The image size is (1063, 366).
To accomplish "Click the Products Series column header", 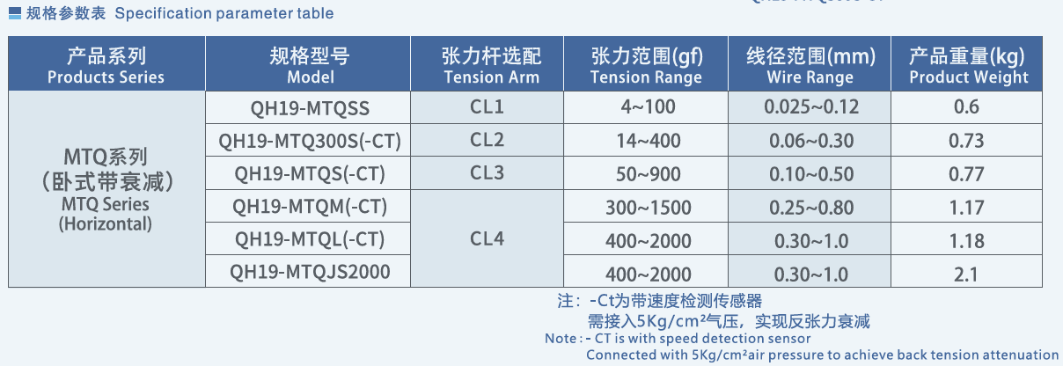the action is click(106, 63).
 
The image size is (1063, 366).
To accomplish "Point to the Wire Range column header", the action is click(810, 63).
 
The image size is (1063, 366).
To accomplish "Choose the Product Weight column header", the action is click(967, 63).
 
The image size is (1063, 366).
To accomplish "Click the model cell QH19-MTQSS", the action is click(310, 108).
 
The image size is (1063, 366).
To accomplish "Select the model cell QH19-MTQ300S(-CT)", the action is click(310, 141).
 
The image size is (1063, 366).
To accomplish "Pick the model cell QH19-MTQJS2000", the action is click(310, 272).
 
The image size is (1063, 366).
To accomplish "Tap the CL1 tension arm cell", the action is click(487, 106).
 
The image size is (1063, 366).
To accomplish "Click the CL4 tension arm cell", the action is click(487, 238).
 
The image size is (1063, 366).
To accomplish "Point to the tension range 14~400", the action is click(649, 141).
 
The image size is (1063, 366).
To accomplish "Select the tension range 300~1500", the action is click(649, 208).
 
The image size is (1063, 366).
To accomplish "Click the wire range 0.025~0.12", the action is click(811, 106).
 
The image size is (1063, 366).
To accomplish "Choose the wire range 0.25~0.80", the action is click(811, 208).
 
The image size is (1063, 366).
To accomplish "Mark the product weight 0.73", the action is click(967, 141).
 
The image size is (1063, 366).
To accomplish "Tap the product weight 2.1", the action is click(967, 274).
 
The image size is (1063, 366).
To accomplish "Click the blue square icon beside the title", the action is click(15, 13).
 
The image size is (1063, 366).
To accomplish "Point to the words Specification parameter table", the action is click(224, 13).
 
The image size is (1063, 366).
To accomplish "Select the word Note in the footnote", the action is click(561, 339).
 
